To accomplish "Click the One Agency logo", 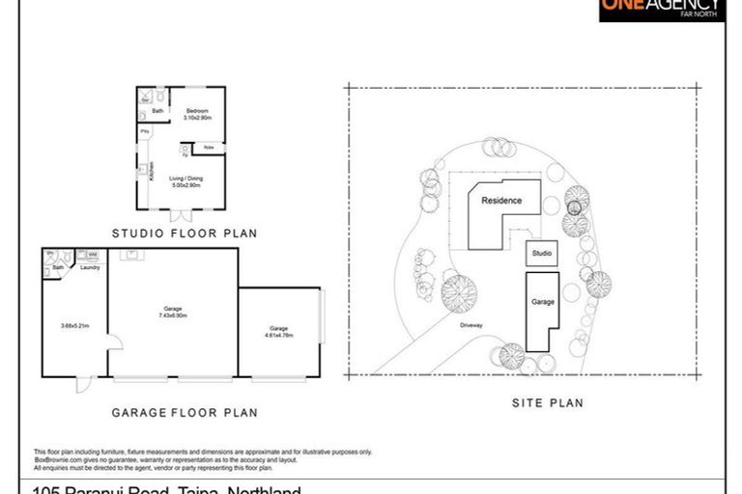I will (661, 10).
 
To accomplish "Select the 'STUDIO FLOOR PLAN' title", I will (185, 233).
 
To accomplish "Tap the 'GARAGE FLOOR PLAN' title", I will (185, 412).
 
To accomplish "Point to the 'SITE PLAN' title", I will (547, 403).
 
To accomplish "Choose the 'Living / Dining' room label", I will (185, 181).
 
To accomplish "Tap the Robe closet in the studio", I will (209, 148).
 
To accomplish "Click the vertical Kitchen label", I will (151, 171).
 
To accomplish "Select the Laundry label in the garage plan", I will (90, 267).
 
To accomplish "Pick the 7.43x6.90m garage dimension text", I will (173, 314).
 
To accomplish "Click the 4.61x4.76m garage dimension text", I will (279, 334).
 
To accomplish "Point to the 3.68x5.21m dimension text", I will (74, 326).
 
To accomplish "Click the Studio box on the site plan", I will (542, 254).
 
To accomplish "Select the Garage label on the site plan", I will (543, 302).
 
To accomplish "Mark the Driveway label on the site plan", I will (472, 324).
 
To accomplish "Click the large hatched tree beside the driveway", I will (459, 293).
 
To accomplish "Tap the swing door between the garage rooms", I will (114, 341).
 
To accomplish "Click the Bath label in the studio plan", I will (157, 111).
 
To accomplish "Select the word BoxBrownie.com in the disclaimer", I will (55, 459).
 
